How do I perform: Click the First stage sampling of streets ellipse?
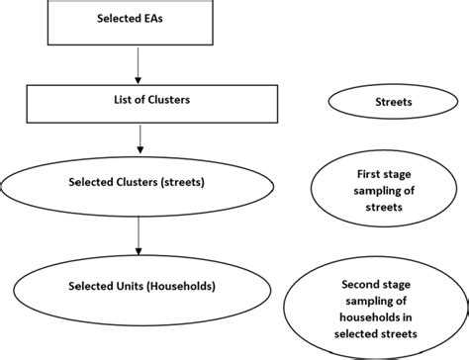point(381,190)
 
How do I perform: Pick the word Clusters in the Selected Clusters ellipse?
point(141,181)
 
